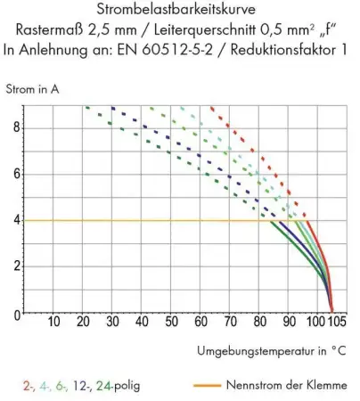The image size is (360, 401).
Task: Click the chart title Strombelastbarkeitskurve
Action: pyautogui.click(x=180, y=11)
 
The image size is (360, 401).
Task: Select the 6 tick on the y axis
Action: pyautogui.click(x=14, y=173)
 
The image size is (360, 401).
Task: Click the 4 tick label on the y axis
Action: pyautogui.click(x=14, y=220)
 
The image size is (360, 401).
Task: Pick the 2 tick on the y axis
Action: pyautogui.click(x=14, y=266)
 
